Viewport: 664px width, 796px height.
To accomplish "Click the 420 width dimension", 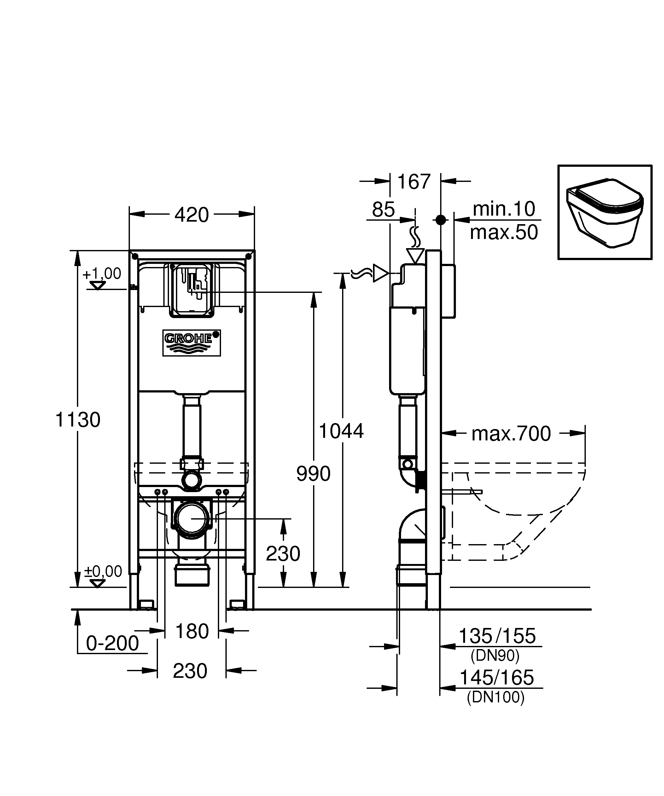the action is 191,215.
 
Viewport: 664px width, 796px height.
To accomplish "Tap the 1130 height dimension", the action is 78,420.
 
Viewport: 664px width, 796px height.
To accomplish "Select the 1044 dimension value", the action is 341,431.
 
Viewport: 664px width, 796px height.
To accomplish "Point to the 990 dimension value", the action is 313,474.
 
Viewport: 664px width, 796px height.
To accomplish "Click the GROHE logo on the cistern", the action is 192,343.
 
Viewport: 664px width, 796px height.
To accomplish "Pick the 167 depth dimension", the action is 414,182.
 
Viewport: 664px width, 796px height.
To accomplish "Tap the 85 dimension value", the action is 383,209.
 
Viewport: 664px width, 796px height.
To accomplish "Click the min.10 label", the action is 504,209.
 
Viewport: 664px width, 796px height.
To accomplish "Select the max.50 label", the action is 504,232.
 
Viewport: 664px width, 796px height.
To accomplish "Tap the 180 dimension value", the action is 192,631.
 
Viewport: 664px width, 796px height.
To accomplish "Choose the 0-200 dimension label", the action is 113,643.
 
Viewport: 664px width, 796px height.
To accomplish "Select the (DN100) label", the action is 496,697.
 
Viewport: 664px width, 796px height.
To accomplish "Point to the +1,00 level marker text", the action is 102,273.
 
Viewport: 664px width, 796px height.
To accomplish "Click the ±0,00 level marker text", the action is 103,571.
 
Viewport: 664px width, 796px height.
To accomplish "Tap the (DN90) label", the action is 495,655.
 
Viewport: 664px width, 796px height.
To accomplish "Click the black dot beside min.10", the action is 440,220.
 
